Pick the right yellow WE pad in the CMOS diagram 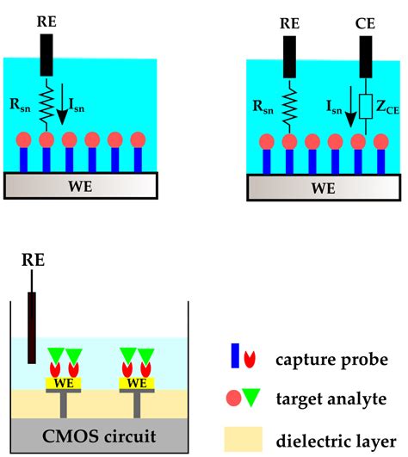point(136,382)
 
